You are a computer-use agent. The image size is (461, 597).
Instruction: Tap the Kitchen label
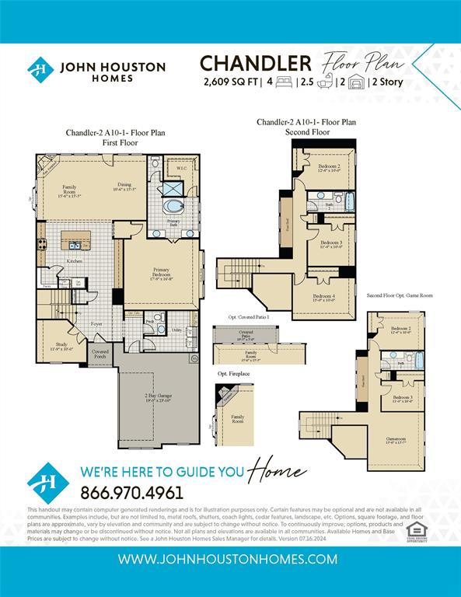point(75,261)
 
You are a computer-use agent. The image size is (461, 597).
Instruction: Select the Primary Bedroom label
point(161,273)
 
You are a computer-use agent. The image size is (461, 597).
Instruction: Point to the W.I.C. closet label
point(180,168)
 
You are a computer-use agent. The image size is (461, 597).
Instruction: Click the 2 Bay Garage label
point(158,398)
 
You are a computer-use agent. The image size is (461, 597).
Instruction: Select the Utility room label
point(176,330)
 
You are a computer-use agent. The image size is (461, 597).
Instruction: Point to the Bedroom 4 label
point(324,297)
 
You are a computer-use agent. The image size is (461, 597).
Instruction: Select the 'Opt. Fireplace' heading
point(233,374)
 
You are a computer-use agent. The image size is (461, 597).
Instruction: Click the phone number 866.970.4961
point(131,492)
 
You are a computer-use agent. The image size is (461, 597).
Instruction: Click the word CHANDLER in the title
point(256,63)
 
